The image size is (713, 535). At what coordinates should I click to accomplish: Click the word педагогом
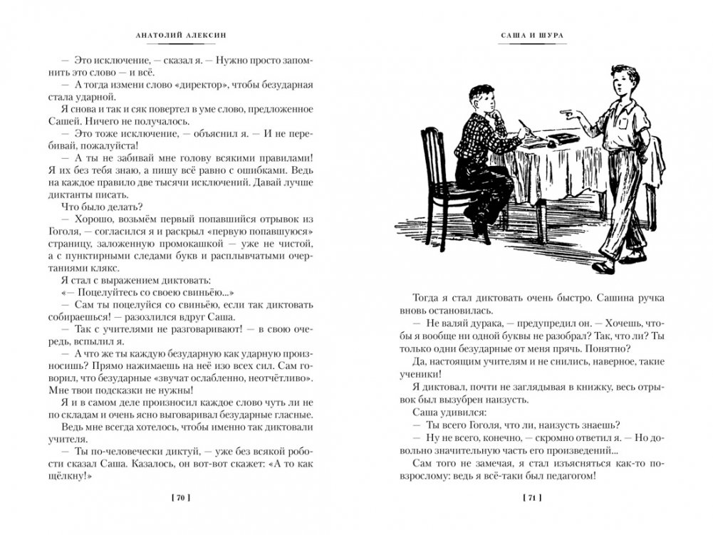(x=563, y=477)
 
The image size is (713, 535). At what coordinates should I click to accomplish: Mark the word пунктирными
(x=103, y=237)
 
